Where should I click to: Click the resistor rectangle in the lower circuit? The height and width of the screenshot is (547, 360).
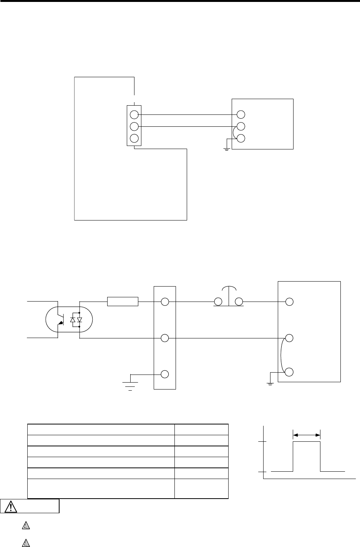123,302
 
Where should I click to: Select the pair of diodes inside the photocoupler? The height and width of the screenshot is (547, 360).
76,320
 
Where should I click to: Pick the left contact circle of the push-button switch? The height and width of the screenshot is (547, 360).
218,302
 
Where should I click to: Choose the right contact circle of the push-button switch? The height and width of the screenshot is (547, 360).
240,302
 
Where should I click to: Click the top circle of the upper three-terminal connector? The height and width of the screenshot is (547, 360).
134,114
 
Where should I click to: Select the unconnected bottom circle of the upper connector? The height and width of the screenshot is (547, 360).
134,138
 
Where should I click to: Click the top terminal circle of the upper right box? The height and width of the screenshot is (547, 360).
241,114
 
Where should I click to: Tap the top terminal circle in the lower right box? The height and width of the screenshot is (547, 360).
290,302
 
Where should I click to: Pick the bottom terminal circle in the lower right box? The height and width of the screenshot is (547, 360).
290,372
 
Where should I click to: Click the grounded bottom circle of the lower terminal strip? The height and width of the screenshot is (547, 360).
165,374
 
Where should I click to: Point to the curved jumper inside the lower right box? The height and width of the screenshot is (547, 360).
282,355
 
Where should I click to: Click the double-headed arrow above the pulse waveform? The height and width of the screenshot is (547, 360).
307,435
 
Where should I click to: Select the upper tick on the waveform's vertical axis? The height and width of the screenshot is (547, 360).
263,442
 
